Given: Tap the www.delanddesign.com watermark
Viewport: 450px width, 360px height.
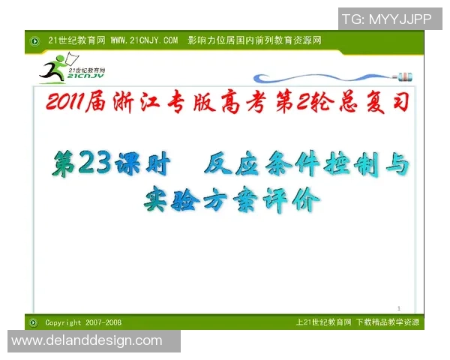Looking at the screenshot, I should [87, 340].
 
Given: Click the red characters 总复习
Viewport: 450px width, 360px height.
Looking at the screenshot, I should [379, 103].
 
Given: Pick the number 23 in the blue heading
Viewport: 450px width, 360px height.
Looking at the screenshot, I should [95, 163].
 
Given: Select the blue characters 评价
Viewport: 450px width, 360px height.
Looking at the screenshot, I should [292, 199].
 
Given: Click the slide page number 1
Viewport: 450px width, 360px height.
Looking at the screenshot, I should [399, 308].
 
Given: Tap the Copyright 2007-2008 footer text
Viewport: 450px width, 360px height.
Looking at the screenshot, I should [83, 322].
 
